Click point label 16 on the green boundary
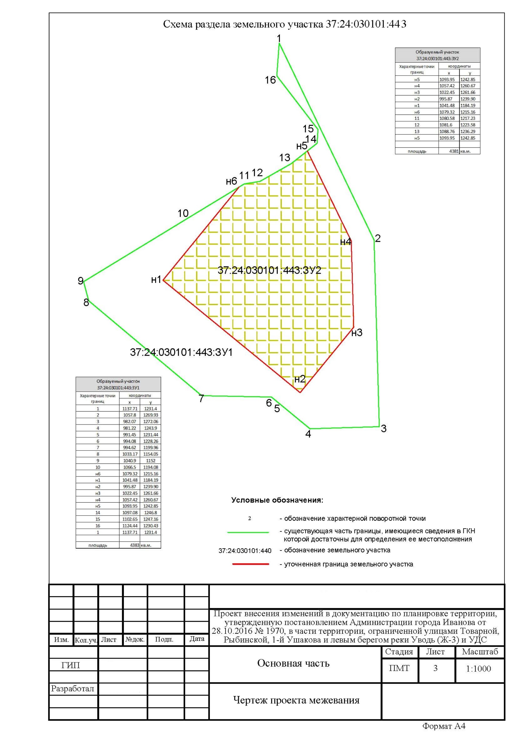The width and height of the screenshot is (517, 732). [270, 80]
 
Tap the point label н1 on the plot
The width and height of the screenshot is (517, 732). [156, 280]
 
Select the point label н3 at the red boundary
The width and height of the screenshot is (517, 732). [357, 333]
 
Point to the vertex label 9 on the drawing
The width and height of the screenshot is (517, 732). [81, 281]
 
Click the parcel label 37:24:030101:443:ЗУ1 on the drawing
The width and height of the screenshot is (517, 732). [181, 352]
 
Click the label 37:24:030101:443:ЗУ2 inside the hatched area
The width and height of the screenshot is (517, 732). [269, 270]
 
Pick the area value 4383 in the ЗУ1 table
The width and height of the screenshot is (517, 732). [134, 545]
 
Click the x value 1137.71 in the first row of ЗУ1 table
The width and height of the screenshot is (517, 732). [130, 409]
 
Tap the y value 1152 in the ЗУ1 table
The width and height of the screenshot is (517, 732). [150, 461]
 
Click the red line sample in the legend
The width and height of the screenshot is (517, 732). [251, 564]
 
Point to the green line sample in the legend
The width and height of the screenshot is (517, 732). [248, 532]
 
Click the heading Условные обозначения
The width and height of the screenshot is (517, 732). [277, 500]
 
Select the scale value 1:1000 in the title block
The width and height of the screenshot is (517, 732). [478, 669]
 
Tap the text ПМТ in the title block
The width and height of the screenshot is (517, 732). [399, 668]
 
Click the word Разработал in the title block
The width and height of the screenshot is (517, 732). [73, 689]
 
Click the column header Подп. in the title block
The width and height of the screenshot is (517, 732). [164, 639]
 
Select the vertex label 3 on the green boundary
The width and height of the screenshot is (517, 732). [384, 429]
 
